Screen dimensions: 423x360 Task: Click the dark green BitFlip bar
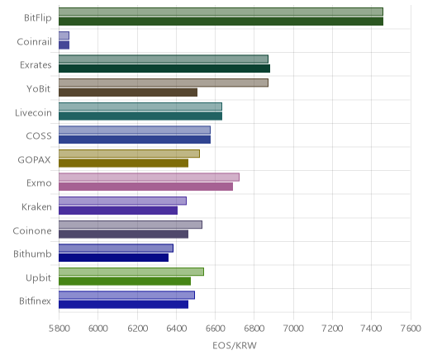click(x=221, y=21)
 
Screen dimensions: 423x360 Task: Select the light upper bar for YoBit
click(x=164, y=83)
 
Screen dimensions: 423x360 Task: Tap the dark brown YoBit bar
click(x=128, y=92)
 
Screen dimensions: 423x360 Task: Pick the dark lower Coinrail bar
click(x=64, y=45)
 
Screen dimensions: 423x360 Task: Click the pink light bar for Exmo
click(x=149, y=178)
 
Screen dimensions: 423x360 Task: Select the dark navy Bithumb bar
click(x=113, y=258)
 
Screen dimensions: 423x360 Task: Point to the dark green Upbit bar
click(x=125, y=282)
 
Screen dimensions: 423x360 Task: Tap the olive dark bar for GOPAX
click(x=123, y=163)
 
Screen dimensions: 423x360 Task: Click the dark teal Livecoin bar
click(x=140, y=116)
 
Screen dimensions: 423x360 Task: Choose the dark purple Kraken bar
click(x=118, y=211)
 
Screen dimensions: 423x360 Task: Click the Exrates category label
click(x=36, y=65)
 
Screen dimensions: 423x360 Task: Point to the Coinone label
click(x=32, y=230)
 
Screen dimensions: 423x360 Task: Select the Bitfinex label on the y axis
click(x=35, y=301)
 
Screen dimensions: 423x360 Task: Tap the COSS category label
click(x=39, y=136)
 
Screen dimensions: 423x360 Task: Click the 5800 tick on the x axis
click(x=59, y=329)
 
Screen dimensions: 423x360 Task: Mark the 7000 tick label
click(x=293, y=329)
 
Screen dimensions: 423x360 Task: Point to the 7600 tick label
click(x=411, y=329)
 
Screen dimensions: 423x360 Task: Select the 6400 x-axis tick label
click(x=176, y=329)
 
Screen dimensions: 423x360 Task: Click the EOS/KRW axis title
click(x=235, y=345)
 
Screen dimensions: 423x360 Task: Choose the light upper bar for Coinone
click(x=131, y=225)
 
